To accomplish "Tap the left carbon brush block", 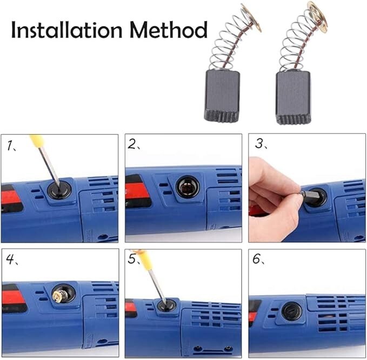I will pos(222,95).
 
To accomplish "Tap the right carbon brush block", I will pos(292,97).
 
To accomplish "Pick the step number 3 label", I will pos(259,144).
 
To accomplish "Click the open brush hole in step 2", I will pos(188,187).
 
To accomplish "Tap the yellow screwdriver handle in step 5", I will pos(143,258).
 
